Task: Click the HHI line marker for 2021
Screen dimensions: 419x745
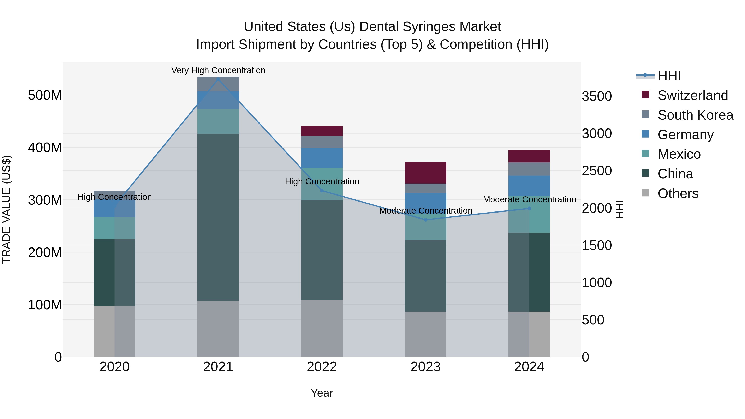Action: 218,79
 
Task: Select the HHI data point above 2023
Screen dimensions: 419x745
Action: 425,220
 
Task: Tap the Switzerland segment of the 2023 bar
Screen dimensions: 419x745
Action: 425,173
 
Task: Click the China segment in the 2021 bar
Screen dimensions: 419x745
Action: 218,217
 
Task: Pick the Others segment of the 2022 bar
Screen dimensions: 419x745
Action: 322,328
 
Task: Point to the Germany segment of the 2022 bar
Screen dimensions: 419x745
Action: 322,158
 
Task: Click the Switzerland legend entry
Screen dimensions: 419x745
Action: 692,95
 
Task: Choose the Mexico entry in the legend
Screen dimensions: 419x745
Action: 679,154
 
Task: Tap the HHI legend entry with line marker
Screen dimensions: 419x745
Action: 669,76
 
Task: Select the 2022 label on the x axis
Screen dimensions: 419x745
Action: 322,367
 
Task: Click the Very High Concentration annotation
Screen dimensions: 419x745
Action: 218,70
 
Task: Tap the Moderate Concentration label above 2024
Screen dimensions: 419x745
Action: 529,199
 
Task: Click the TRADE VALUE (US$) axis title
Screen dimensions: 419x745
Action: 6,209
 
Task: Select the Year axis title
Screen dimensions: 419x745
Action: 322,393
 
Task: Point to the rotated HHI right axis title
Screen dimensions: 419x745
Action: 619,209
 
